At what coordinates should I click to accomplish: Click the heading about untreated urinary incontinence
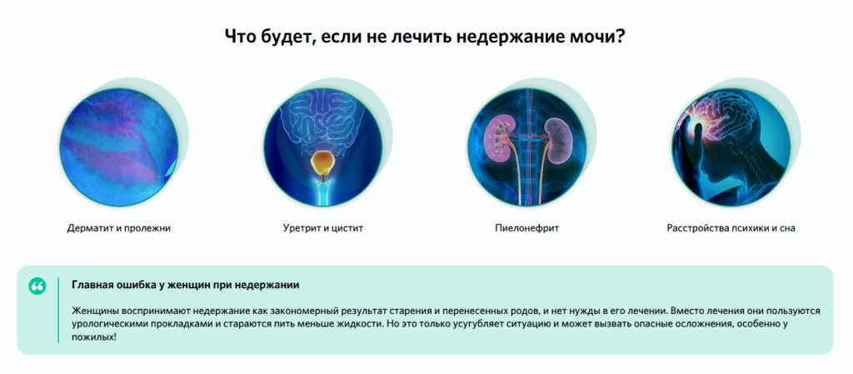[425, 37]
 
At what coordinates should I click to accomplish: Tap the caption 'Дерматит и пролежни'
[118, 228]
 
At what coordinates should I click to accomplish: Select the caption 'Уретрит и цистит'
[322, 228]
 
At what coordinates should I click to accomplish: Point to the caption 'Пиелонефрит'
[526, 228]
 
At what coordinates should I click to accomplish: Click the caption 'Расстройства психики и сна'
[731, 228]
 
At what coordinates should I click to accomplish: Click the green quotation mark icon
[37, 286]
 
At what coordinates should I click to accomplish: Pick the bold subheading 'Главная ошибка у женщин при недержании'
[186, 285]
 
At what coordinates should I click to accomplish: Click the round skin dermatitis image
[118, 147]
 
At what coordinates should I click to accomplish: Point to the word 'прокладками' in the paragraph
[173, 325]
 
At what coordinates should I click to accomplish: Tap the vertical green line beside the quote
[58, 311]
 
